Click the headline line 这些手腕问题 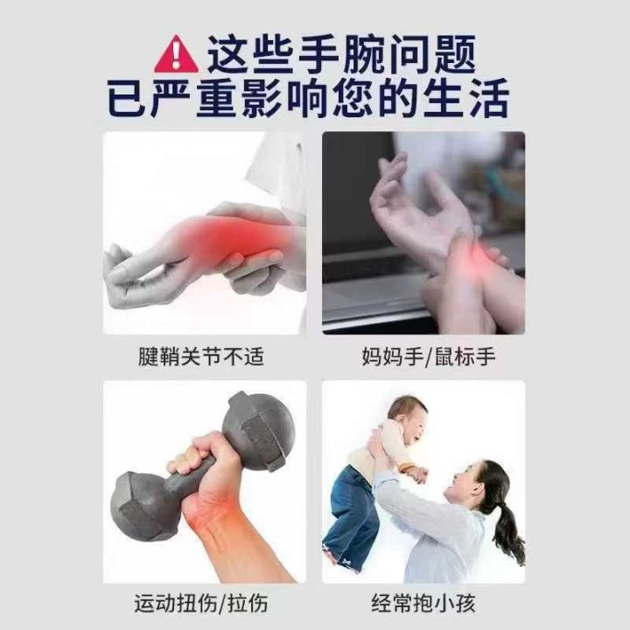point(341,54)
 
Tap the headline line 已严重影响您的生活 point(309,98)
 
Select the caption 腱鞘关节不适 point(201,356)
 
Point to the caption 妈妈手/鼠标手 point(428,356)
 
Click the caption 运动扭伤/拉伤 point(201,604)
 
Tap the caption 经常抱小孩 point(423,604)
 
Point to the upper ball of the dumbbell point(259,430)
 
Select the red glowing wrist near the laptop point(472,256)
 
